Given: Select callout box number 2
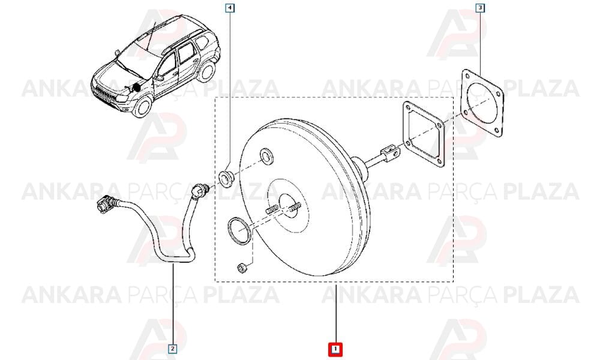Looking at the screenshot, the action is tap(173, 349).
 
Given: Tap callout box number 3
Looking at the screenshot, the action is tap(480, 8).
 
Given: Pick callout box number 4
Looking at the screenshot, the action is tap(230, 8).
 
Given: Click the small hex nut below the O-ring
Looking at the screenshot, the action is tap(242, 268).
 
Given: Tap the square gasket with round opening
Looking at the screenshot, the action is tap(482, 103).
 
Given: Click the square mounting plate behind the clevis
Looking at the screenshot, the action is tap(423, 134).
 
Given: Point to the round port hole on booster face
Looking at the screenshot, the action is tap(267, 156).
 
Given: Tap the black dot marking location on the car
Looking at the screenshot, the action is tap(137, 88).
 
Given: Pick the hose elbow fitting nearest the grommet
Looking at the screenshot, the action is tap(199, 190).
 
